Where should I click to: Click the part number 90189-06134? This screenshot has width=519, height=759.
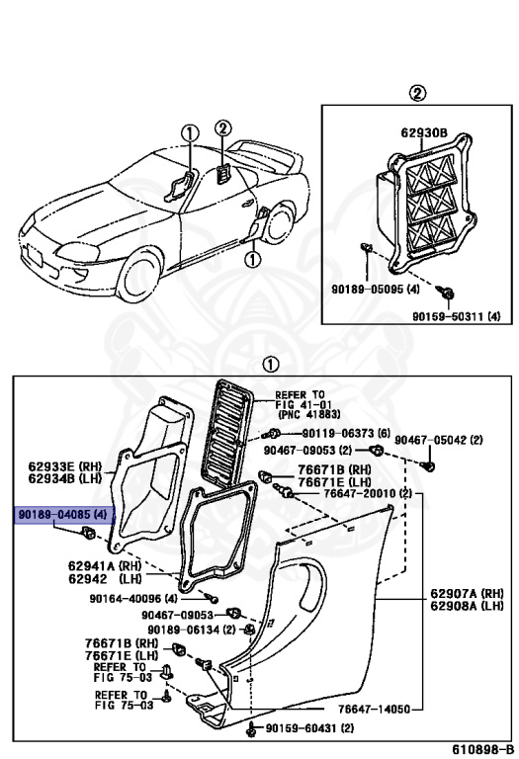(x=192, y=630)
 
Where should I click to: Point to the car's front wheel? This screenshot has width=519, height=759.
(x=136, y=277)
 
